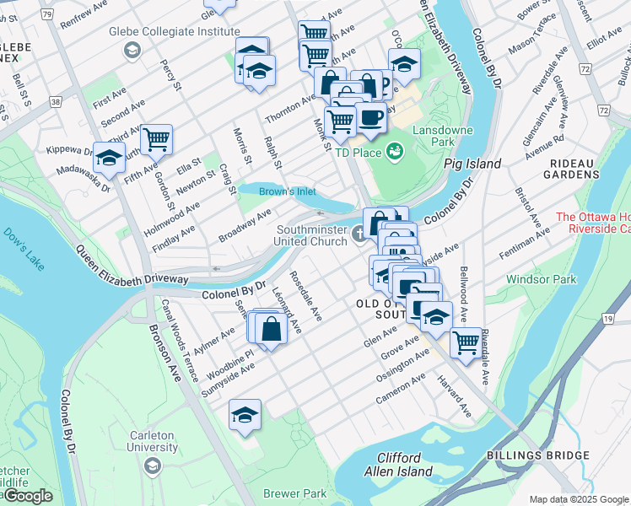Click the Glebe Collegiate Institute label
174,31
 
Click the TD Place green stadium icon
393,152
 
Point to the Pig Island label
472,164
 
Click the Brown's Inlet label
287,191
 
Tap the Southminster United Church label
312,234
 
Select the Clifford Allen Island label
404,465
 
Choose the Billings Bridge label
537,455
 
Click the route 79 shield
47,14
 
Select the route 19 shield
607,318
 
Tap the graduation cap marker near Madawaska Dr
109,158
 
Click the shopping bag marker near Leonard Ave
272,329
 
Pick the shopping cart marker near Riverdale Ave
465,342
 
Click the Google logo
27,496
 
